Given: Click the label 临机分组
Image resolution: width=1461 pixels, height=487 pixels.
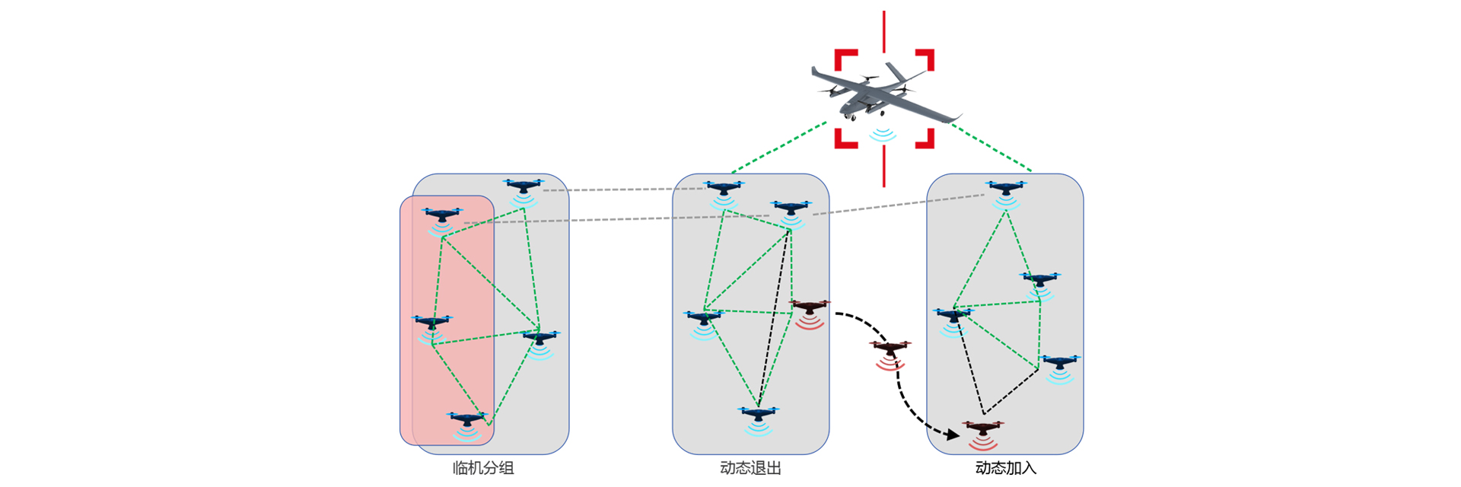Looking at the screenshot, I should [x=483, y=468].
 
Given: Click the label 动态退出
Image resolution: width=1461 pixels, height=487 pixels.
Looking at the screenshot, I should [x=750, y=468].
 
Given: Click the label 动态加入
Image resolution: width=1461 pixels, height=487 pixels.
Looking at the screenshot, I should [x=1005, y=468].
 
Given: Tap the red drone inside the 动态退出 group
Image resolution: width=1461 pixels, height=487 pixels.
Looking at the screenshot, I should [x=809, y=307].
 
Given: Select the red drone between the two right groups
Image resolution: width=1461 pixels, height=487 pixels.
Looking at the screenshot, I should [x=890, y=349].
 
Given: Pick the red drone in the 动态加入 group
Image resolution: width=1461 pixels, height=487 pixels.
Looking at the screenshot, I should [x=982, y=428].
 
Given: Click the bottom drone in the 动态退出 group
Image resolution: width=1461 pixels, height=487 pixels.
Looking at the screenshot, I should [x=758, y=414].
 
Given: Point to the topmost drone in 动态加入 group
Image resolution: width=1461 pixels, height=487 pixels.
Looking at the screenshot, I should [x=1005, y=186].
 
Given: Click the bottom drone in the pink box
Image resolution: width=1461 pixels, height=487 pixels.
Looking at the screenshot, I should [x=466, y=419].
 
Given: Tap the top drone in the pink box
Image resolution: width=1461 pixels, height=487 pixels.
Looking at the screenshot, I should [x=442, y=215].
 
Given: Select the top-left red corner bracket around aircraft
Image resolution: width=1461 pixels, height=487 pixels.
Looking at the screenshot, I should [x=845, y=59].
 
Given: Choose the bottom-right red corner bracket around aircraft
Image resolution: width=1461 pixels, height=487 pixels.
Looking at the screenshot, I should [x=925, y=138].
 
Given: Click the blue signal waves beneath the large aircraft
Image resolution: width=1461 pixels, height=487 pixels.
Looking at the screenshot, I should [x=883, y=135].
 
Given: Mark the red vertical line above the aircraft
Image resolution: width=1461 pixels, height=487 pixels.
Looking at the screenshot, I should [x=883, y=30].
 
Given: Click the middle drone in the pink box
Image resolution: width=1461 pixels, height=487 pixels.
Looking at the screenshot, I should [x=431, y=323].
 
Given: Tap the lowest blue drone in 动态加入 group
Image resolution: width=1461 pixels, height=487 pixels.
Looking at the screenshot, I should [x=1060, y=362].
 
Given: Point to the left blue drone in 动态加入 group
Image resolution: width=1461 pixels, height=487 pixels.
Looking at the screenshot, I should [x=953, y=314].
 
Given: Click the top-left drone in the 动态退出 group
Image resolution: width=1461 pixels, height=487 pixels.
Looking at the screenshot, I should [x=723, y=187].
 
